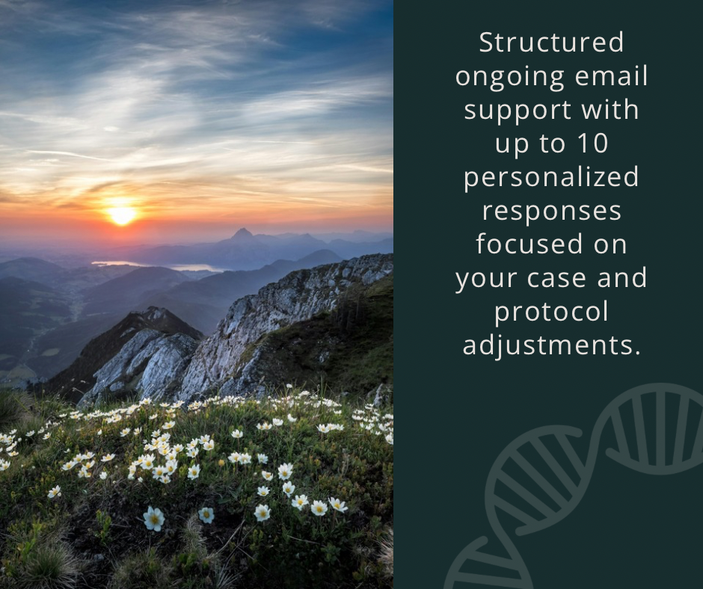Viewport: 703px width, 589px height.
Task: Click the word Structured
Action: tap(551, 43)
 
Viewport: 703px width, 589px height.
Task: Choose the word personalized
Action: tap(551, 177)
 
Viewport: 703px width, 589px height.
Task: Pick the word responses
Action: tap(551, 211)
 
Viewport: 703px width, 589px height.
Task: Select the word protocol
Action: tap(551, 312)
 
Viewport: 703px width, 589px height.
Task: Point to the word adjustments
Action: tap(551, 345)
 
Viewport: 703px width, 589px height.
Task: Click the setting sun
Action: tap(121, 215)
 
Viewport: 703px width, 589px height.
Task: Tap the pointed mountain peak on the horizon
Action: tap(242, 234)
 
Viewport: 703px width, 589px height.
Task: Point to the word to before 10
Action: tap(550, 143)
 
